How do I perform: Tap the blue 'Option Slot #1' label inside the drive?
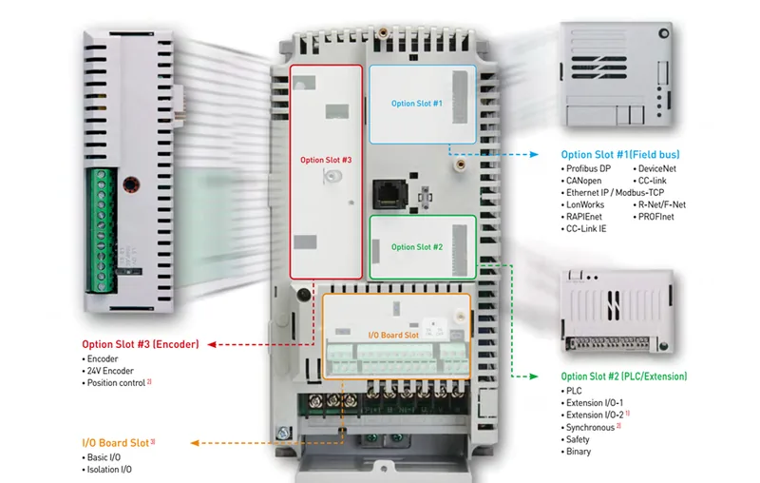417,103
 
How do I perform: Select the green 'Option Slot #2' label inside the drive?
416,247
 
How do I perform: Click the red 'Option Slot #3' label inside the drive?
326,161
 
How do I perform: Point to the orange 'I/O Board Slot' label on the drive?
392,335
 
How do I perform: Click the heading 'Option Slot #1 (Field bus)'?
620,154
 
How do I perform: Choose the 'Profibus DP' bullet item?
589,168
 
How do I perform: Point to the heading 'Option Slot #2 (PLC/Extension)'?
624,377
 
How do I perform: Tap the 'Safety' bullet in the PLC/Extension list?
579,439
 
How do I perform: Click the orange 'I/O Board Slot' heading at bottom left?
119,442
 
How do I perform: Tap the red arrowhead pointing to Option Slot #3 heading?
213,344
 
